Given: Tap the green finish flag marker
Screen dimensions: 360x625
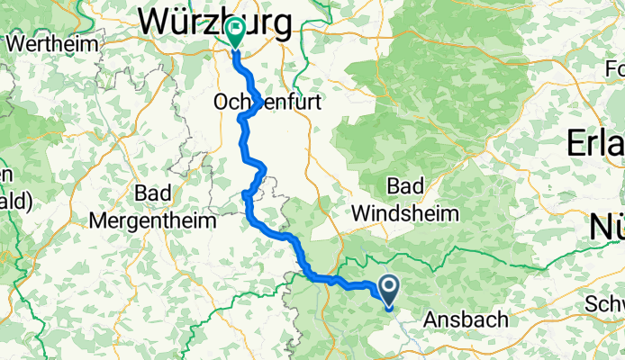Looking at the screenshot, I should [235, 34].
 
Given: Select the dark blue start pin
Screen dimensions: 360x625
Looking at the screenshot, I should [390, 291].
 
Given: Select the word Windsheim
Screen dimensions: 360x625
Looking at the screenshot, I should [405, 214].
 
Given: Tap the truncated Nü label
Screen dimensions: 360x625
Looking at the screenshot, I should [607, 227].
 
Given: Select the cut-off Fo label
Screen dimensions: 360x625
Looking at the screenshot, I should [615, 69].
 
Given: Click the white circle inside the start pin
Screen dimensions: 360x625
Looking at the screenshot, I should [390, 287].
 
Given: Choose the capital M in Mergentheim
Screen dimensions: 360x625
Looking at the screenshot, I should [101, 220].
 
